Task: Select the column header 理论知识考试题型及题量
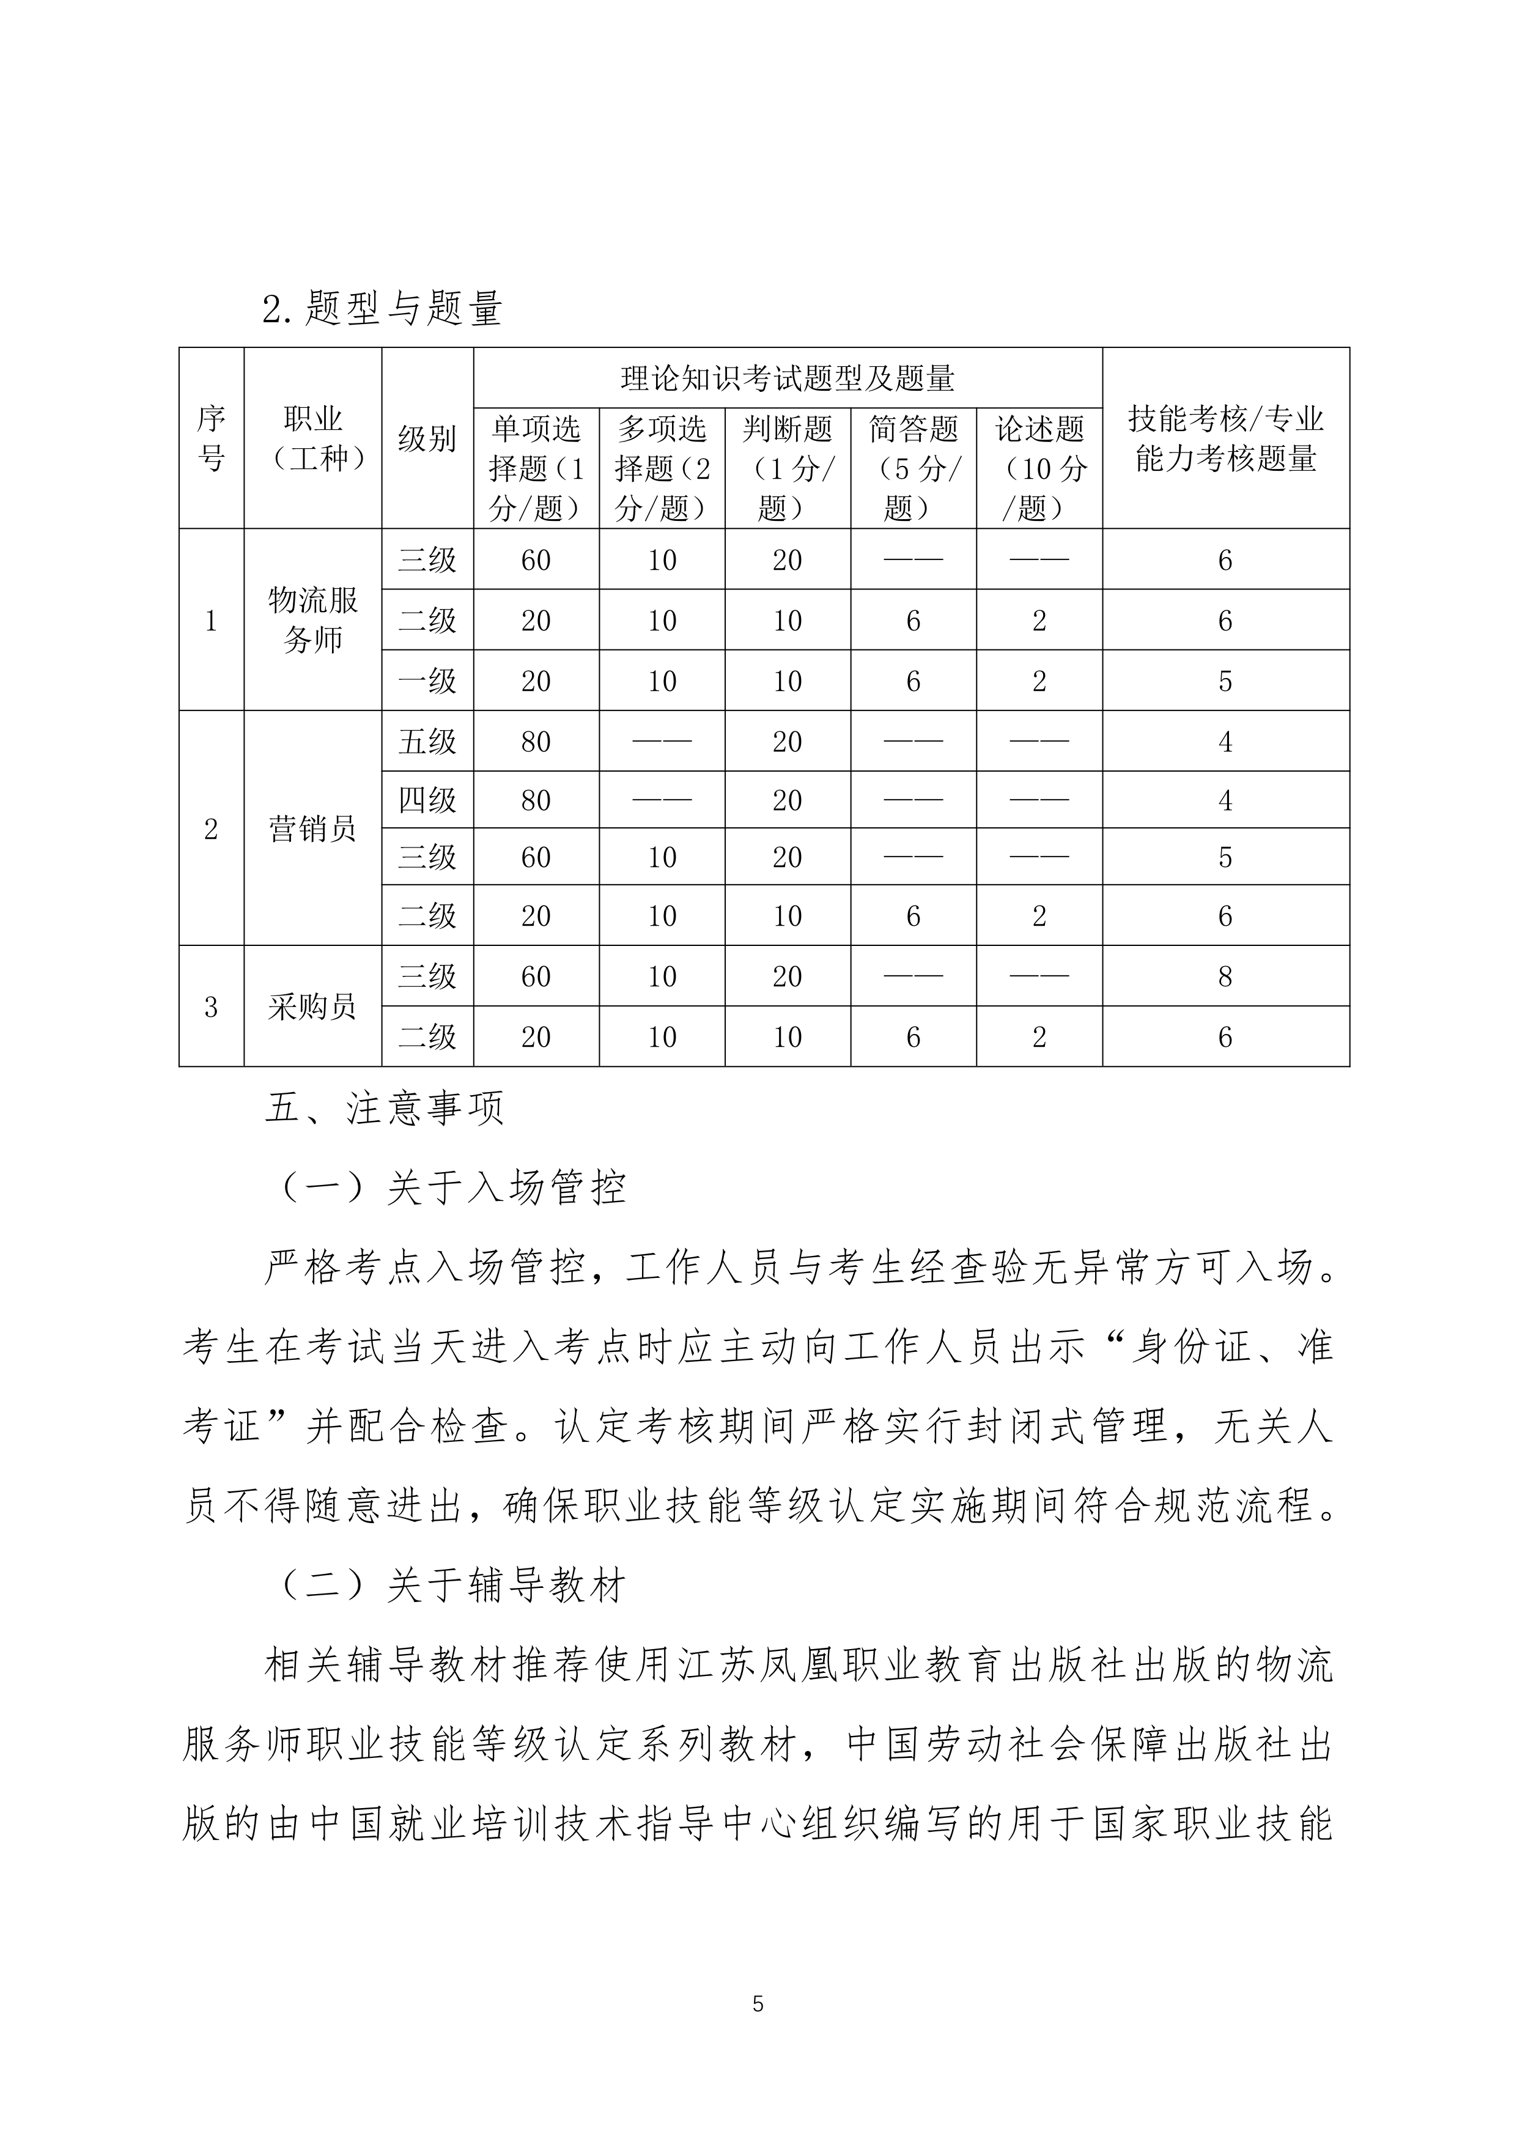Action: pos(788,378)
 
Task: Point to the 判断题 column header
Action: pos(788,468)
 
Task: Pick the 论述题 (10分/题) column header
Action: pos(1039,468)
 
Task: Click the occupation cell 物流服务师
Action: pos(313,619)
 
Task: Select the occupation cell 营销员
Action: pos(313,829)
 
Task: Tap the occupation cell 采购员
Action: pos(313,1006)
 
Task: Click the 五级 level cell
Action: pos(427,742)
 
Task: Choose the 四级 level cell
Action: pos(427,800)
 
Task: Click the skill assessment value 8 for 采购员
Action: pos(1225,977)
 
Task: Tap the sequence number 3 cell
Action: pos(211,1006)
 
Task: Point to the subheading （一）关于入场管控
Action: pos(452,1188)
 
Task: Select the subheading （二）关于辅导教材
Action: pos(452,1586)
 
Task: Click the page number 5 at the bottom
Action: pos(758,2004)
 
